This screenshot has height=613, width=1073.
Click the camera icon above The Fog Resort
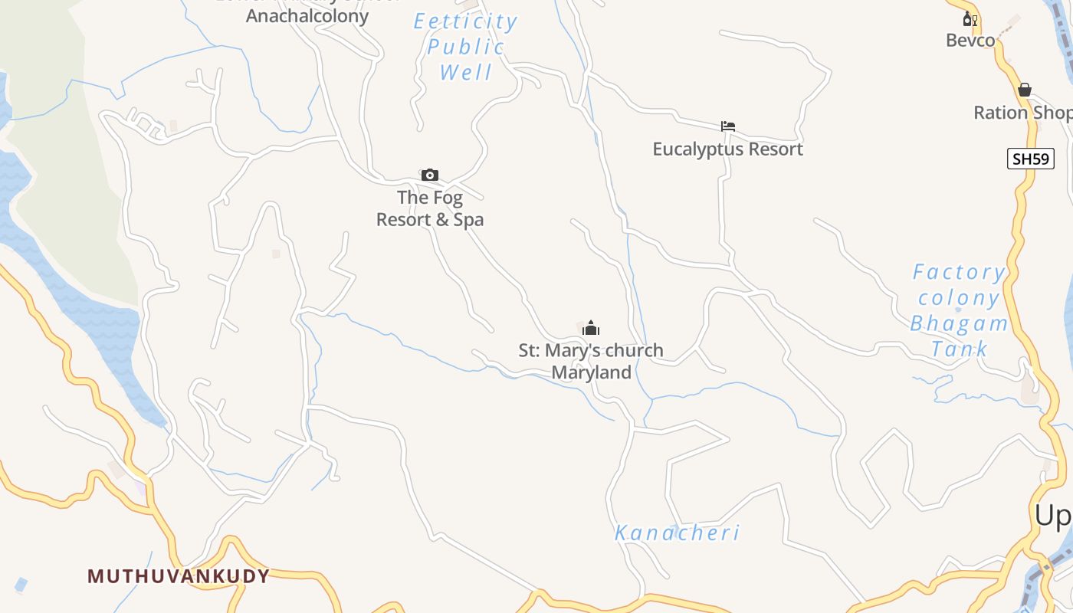tap(430, 175)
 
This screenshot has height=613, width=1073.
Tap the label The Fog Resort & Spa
tap(430, 208)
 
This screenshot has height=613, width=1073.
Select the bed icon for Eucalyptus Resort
tap(728, 126)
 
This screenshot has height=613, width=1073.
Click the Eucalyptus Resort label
tap(727, 149)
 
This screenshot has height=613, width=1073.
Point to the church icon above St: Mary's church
tap(591, 329)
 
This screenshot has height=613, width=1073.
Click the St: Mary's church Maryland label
tap(591, 362)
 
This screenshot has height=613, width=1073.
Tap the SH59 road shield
tap(1031, 159)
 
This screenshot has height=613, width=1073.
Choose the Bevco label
tap(970, 41)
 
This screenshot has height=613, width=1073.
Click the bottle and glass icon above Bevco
tap(970, 19)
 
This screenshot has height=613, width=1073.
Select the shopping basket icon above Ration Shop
tap(1025, 90)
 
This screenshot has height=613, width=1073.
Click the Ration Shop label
tap(1022, 113)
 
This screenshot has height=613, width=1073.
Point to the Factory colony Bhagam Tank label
tap(959, 310)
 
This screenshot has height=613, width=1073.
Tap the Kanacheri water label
tap(678, 533)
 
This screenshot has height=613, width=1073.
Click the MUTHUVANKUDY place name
tap(179, 576)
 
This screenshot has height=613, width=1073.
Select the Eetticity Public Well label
tap(466, 47)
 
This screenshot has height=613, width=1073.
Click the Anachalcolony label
tap(307, 15)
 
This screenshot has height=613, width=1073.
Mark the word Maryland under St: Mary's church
tap(592, 373)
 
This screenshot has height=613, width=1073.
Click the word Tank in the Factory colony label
tap(960, 349)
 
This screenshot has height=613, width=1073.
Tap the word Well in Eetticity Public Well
tap(466, 73)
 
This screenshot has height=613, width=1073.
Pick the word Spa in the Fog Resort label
tap(468, 220)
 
